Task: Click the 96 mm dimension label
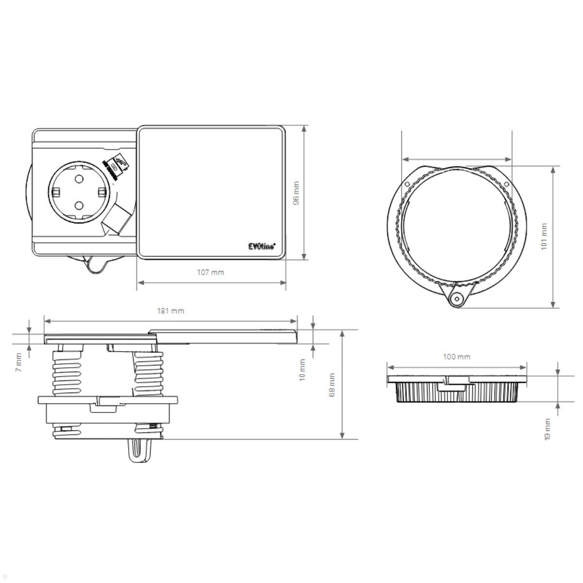click(x=296, y=193)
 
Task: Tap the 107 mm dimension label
click(x=210, y=272)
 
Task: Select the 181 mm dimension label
click(x=171, y=310)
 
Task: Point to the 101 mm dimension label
click(x=544, y=237)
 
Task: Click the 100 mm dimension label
click(x=457, y=357)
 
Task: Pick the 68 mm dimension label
click(x=332, y=385)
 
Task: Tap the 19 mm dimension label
click(x=548, y=429)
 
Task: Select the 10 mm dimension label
click(x=302, y=370)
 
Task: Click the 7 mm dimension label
click(x=18, y=362)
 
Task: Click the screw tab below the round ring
click(x=456, y=298)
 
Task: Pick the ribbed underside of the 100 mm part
click(x=457, y=393)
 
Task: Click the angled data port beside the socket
click(x=117, y=217)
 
